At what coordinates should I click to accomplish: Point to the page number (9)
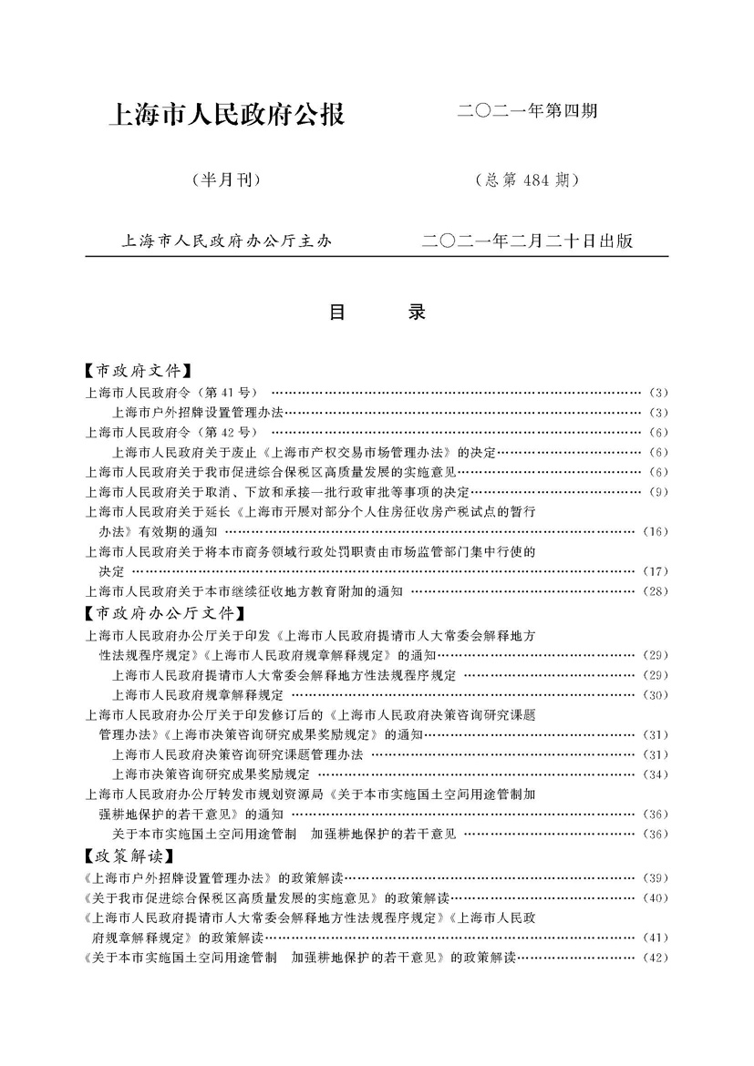[659, 492]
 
